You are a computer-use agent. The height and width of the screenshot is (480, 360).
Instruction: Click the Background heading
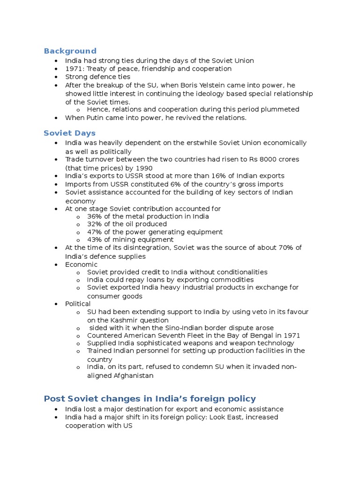70,51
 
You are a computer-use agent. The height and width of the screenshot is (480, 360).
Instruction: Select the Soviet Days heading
69,133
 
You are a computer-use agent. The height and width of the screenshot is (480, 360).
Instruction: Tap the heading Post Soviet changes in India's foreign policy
150,398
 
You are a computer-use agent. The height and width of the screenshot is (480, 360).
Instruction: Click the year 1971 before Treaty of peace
73,69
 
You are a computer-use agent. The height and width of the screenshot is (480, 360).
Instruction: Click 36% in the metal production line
95,217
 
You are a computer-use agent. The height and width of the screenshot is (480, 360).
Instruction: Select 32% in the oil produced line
95,224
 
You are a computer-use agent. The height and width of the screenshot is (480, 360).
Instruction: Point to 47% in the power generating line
95,232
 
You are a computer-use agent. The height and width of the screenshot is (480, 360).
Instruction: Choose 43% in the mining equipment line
95,240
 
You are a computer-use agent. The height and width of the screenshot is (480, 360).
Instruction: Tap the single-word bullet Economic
81,264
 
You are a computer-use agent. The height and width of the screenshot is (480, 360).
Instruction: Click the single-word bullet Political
78,304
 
